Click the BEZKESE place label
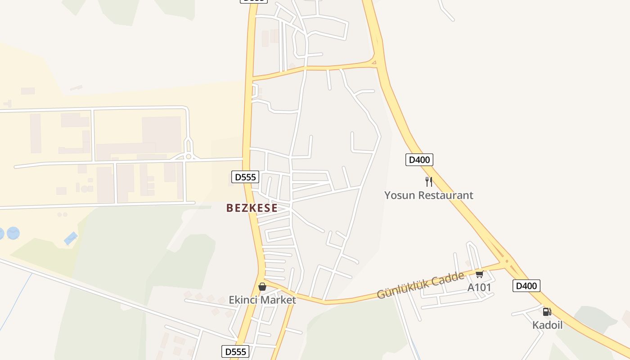[252, 208]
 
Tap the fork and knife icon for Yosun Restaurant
[429, 182]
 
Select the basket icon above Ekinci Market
[262, 287]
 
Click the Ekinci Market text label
[262, 300]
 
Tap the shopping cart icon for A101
[479, 274]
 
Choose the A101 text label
[479, 287]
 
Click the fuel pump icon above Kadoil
[547, 311]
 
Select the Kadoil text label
[547, 324]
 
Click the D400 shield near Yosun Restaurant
[419, 159]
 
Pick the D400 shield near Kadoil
[526, 285]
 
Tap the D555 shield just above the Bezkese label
[245, 177]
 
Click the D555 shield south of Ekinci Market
[235, 351]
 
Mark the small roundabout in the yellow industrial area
[189, 157]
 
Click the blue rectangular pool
[71, 238]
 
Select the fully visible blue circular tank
[13, 233]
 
